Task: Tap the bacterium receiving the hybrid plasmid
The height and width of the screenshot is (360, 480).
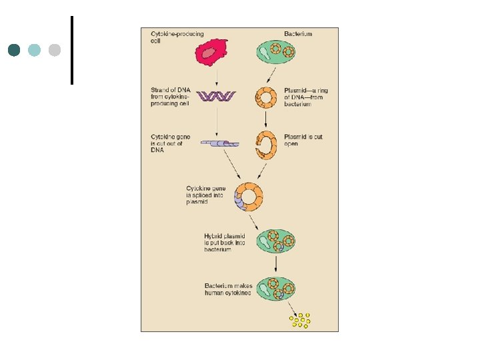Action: (276, 241)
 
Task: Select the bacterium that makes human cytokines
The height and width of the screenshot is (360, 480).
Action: (276, 288)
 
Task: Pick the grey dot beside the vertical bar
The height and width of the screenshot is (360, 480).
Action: (55, 50)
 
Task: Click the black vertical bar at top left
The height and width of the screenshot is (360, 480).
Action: (71, 50)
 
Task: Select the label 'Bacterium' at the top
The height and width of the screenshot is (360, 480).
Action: (298, 34)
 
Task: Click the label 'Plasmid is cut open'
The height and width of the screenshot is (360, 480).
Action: (303, 140)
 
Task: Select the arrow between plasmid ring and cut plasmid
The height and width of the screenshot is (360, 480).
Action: (267, 119)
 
